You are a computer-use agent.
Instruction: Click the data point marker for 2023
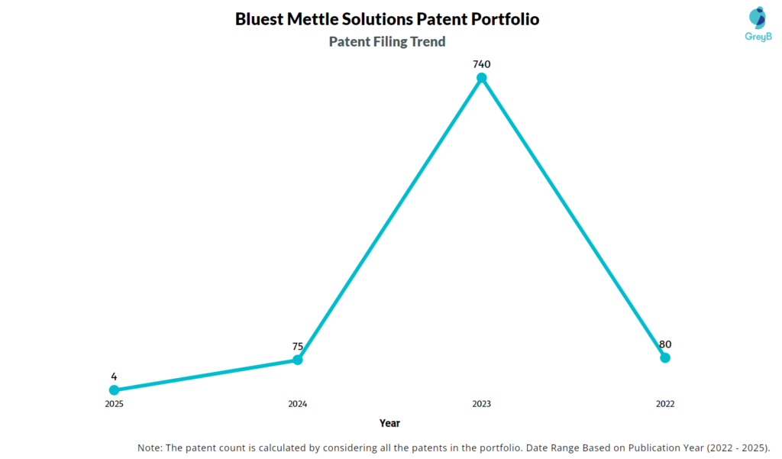pos(482,78)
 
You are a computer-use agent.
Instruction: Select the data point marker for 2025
pos(114,390)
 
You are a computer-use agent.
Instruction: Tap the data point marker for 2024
pos(298,360)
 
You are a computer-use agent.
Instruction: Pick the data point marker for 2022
pos(665,357)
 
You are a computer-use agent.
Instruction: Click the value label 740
pos(482,64)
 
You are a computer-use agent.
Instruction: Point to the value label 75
pos(298,346)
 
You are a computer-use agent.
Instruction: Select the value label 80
pos(665,344)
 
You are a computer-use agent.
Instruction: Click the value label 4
pos(114,376)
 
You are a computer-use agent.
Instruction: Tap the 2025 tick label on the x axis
pos(114,403)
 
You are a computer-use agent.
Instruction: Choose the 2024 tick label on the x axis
pos(298,403)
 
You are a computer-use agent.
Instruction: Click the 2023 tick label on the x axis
pos(482,403)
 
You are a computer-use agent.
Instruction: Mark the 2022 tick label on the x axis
pos(665,403)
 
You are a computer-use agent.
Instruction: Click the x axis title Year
pos(389,422)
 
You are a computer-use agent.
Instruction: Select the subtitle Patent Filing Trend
pos(387,41)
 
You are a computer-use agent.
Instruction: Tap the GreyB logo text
pos(757,35)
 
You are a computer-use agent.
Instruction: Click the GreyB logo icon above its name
pos(757,17)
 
